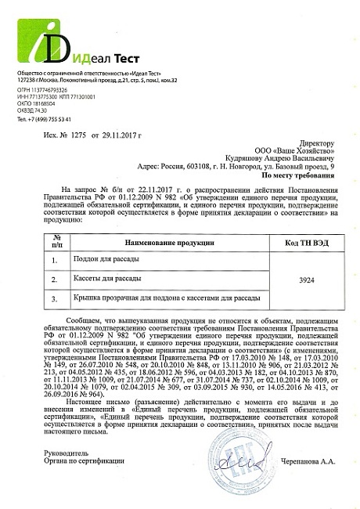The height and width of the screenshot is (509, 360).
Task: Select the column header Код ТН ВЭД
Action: pos(307,243)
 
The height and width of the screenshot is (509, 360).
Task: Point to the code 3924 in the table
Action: pos(307,278)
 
